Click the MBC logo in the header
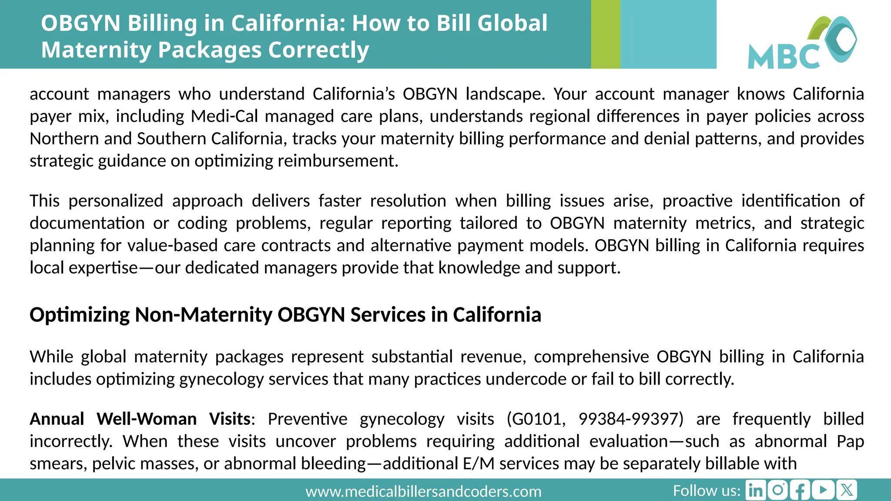(x=802, y=43)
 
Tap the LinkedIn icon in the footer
(x=756, y=491)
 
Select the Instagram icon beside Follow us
(x=778, y=491)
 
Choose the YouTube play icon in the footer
(x=823, y=491)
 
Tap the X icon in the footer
(x=846, y=491)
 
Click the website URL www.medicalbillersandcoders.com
(x=423, y=491)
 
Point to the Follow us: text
(x=707, y=491)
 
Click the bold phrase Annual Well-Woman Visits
(x=140, y=419)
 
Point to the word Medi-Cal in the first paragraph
(x=224, y=116)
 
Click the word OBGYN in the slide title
(x=80, y=23)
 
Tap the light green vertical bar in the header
(x=605, y=34)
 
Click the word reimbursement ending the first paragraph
(x=337, y=161)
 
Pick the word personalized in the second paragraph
(x=116, y=201)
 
